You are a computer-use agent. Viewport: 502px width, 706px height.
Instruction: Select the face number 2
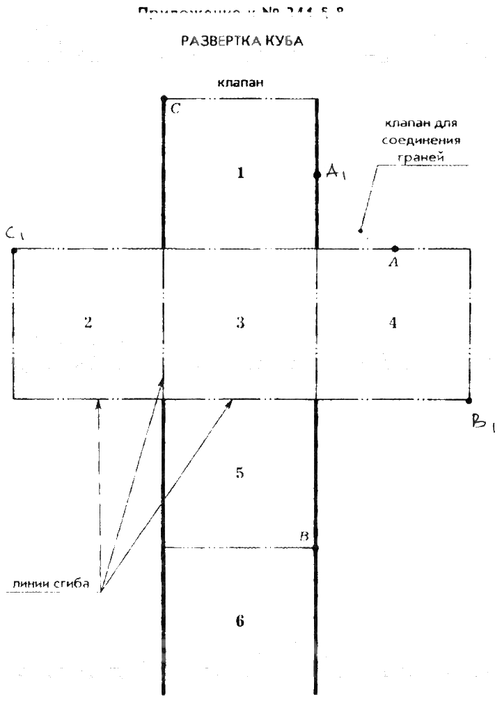pyautogui.click(x=88, y=323)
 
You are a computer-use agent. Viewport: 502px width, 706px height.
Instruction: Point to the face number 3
pyautogui.click(x=240, y=323)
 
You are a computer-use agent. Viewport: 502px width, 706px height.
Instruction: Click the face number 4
pyautogui.click(x=393, y=323)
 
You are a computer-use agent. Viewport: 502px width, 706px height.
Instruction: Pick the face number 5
pyautogui.click(x=240, y=473)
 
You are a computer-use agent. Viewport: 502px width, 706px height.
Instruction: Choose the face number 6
pyautogui.click(x=240, y=621)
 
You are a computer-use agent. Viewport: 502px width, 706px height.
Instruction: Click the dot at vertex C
pyautogui.click(x=164, y=99)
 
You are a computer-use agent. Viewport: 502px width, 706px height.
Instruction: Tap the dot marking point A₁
pyautogui.click(x=317, y=175)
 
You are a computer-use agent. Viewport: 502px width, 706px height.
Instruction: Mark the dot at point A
pyautogui.click(x=395, y=248)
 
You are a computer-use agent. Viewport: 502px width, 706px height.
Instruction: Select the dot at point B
pyautogui.click(x=316, y=548)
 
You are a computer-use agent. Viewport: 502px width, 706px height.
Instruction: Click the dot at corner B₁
pyautogui.click(x=469, y=400)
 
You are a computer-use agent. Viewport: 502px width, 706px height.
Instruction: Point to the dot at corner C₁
pyautogui.click(x=14, y=250)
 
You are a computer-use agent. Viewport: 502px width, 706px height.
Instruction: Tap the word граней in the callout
pyautogui.click(x=421, y=157)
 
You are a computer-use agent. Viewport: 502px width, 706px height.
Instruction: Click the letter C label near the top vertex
pyautogui.click(x=175, y=109)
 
